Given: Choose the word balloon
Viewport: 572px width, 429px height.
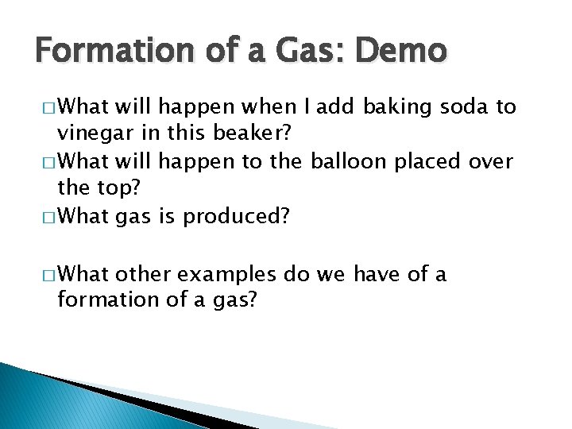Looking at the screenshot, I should click(x=350, y=162).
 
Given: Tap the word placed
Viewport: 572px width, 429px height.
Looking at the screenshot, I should click(x=433, y=162).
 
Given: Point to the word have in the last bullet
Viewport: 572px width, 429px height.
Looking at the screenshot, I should click(x=378, y=275).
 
